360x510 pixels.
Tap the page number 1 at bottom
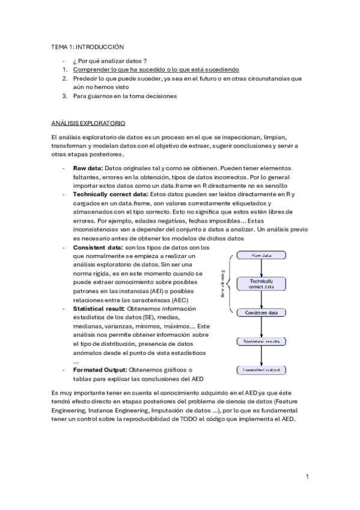(307, 477)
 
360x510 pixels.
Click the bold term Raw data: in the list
(88, 169)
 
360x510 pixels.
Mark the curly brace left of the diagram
(227, 284)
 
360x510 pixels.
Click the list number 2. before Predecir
(65, 78)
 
